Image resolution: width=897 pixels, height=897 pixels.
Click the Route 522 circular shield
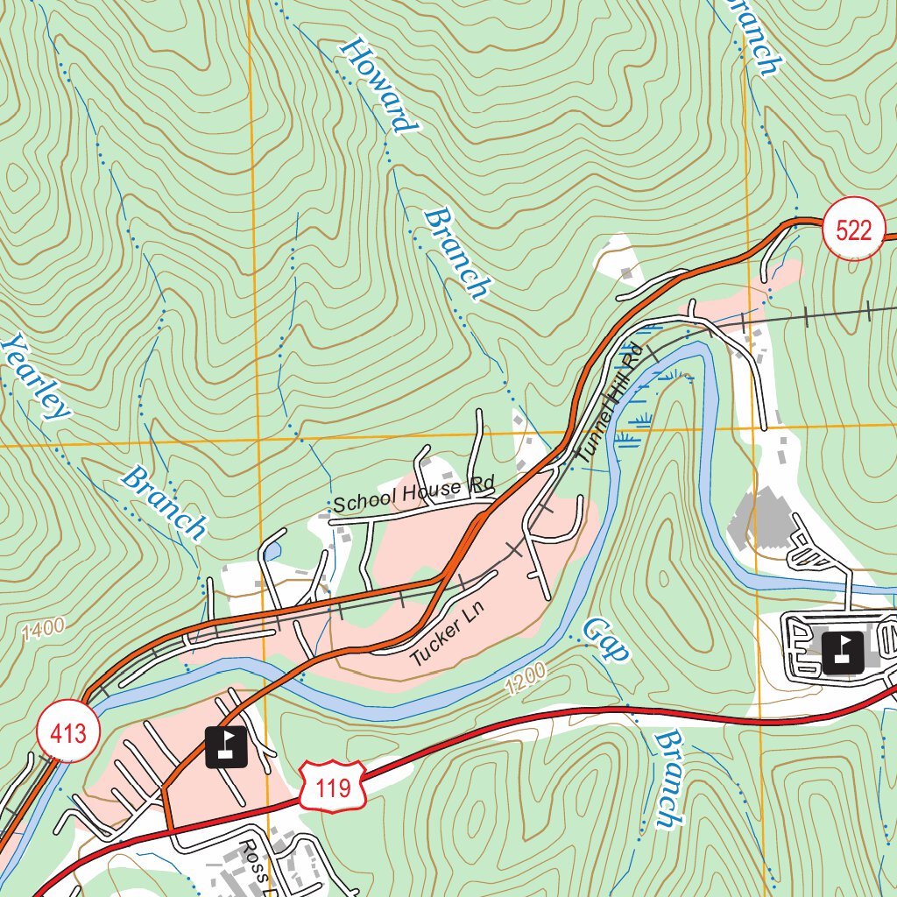pos(854,230)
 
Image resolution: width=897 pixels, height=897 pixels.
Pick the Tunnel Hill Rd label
pos(610,404)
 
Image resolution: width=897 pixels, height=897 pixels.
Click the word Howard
pos(378,85)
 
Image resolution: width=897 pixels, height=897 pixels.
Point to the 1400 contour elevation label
pos(45,628)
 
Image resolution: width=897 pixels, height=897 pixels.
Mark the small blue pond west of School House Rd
pos(273,551)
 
